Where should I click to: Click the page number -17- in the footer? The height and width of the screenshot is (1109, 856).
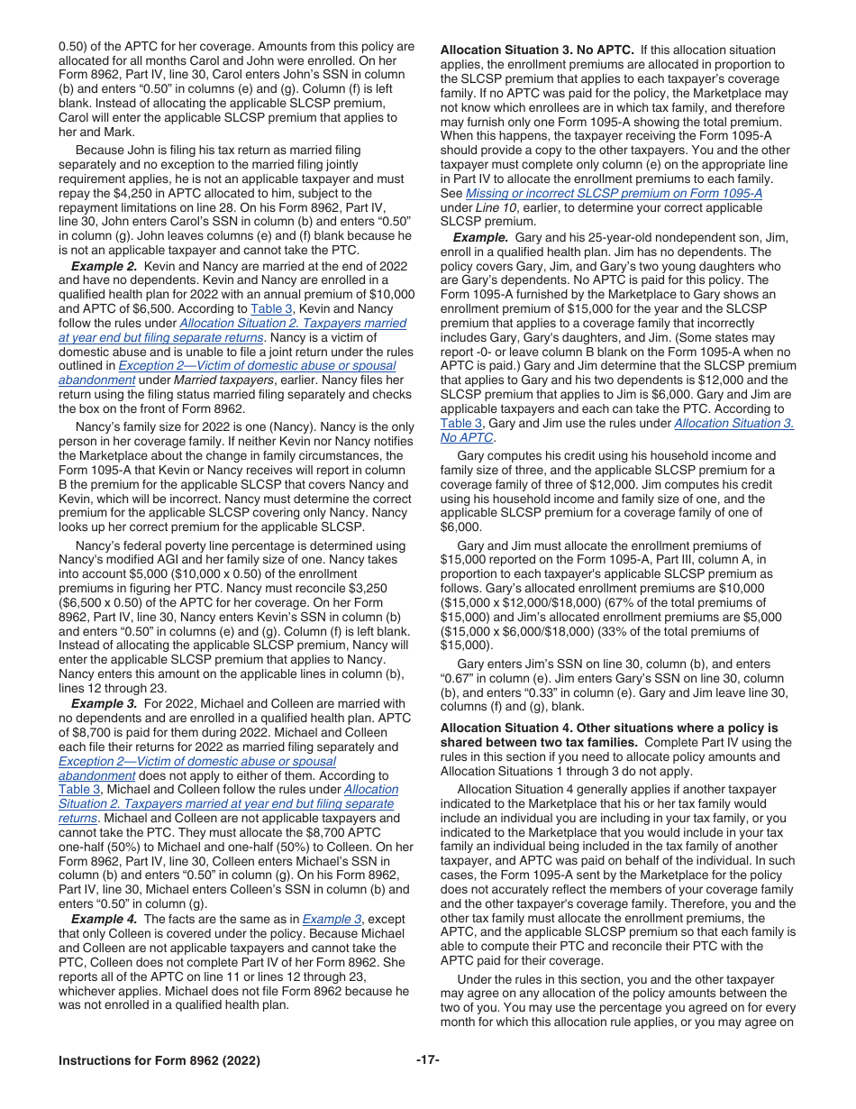tap(427, 1060)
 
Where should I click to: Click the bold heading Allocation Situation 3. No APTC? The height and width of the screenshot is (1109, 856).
tap(537, 50)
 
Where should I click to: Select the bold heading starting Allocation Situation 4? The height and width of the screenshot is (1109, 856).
tap(608, 728)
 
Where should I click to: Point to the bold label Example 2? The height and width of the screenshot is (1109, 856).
tap(105, 267)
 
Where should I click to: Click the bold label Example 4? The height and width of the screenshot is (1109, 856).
tap(105, 919)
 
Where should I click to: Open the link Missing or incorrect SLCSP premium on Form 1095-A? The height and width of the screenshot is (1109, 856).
tap(614, 193)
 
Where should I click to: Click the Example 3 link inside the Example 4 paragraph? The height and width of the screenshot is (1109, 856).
tap(332, 919)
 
